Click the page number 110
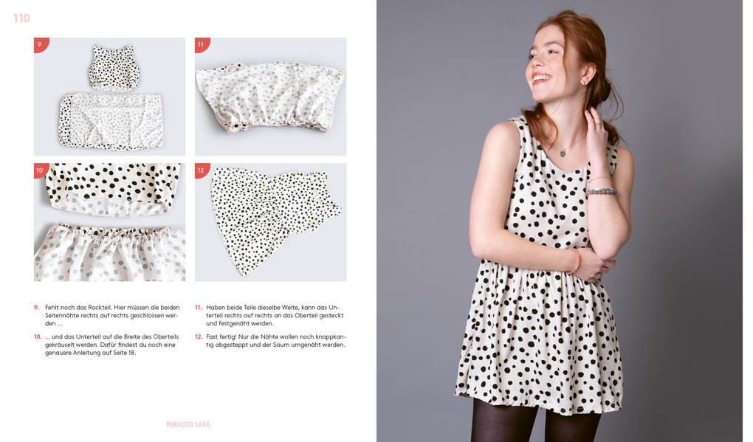coord(21,18)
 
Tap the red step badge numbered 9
coord(41,44)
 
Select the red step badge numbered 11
coord(202,44)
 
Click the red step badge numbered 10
coord(41,170)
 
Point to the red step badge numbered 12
coord(202,170)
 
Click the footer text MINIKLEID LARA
coord(188,424)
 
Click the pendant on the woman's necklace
coord(563,153)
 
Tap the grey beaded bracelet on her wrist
coord(601,192)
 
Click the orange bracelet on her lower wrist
coord(576,260)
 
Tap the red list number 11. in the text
coord(199,307)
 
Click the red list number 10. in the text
coord(38,337)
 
